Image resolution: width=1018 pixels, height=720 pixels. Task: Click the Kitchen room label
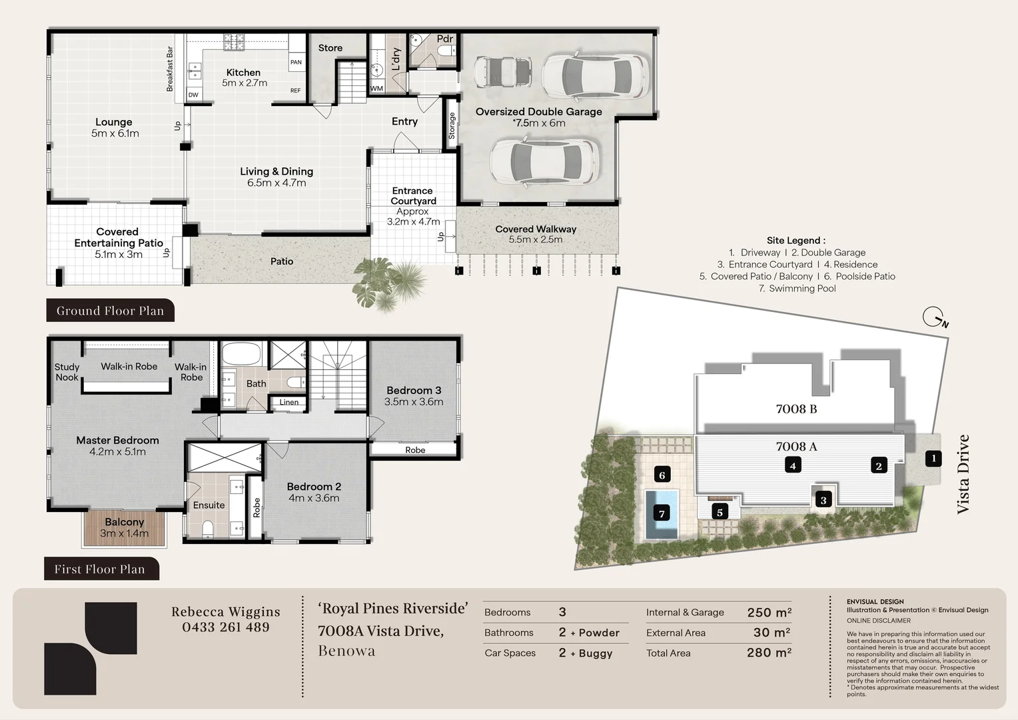pyautogui.click(x=244, y=72)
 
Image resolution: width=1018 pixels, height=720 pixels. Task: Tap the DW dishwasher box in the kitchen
pyautogui.click(x=194, y=95)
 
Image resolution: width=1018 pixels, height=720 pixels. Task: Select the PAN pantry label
pyautogui.click(x=296, y=62)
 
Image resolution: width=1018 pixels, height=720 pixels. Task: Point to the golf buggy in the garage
pyautogui.click(x=502, y=71)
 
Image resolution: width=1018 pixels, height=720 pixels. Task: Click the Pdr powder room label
pyautogui.click(x=445, y=39)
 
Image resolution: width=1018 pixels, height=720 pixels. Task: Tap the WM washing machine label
pyautogui.click(x=376, y=88)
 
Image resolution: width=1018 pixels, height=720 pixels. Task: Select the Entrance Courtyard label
pyautogui.click(x=413, y=195)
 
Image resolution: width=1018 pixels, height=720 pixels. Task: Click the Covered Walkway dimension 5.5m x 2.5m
pyautogui.click(x=536, y=240)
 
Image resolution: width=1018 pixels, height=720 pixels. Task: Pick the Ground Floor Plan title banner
pyautogui.click(x=111, y=310)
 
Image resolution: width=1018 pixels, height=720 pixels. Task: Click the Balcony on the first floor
pyautogui.click(x=124, y=528)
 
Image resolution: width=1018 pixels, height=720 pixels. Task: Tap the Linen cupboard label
pyautogui.click(x=289, y=402)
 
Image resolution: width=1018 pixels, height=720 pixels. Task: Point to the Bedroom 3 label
pyautogui.click(x=414, y=390)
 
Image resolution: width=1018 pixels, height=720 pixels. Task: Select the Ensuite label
pyautogui.click(x=209, y=505)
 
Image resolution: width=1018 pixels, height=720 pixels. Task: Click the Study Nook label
pyautogui.click(x=67, y=372)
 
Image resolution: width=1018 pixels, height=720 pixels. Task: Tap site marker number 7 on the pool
pyautogui.click(x=662, y=514)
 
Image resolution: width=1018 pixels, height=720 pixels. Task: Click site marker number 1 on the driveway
pyautogui.click(x=933, y=459)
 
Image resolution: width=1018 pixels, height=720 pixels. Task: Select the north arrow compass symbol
pyautogui.click(x=935, y=317)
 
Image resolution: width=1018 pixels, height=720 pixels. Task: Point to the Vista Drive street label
pyautogui.click(x=963, y=475)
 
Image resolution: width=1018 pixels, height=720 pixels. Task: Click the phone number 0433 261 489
pyautogui.click(x=226, y=627)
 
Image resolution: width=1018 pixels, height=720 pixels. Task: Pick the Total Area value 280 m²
pyautogui.click(x=769, y=653)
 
